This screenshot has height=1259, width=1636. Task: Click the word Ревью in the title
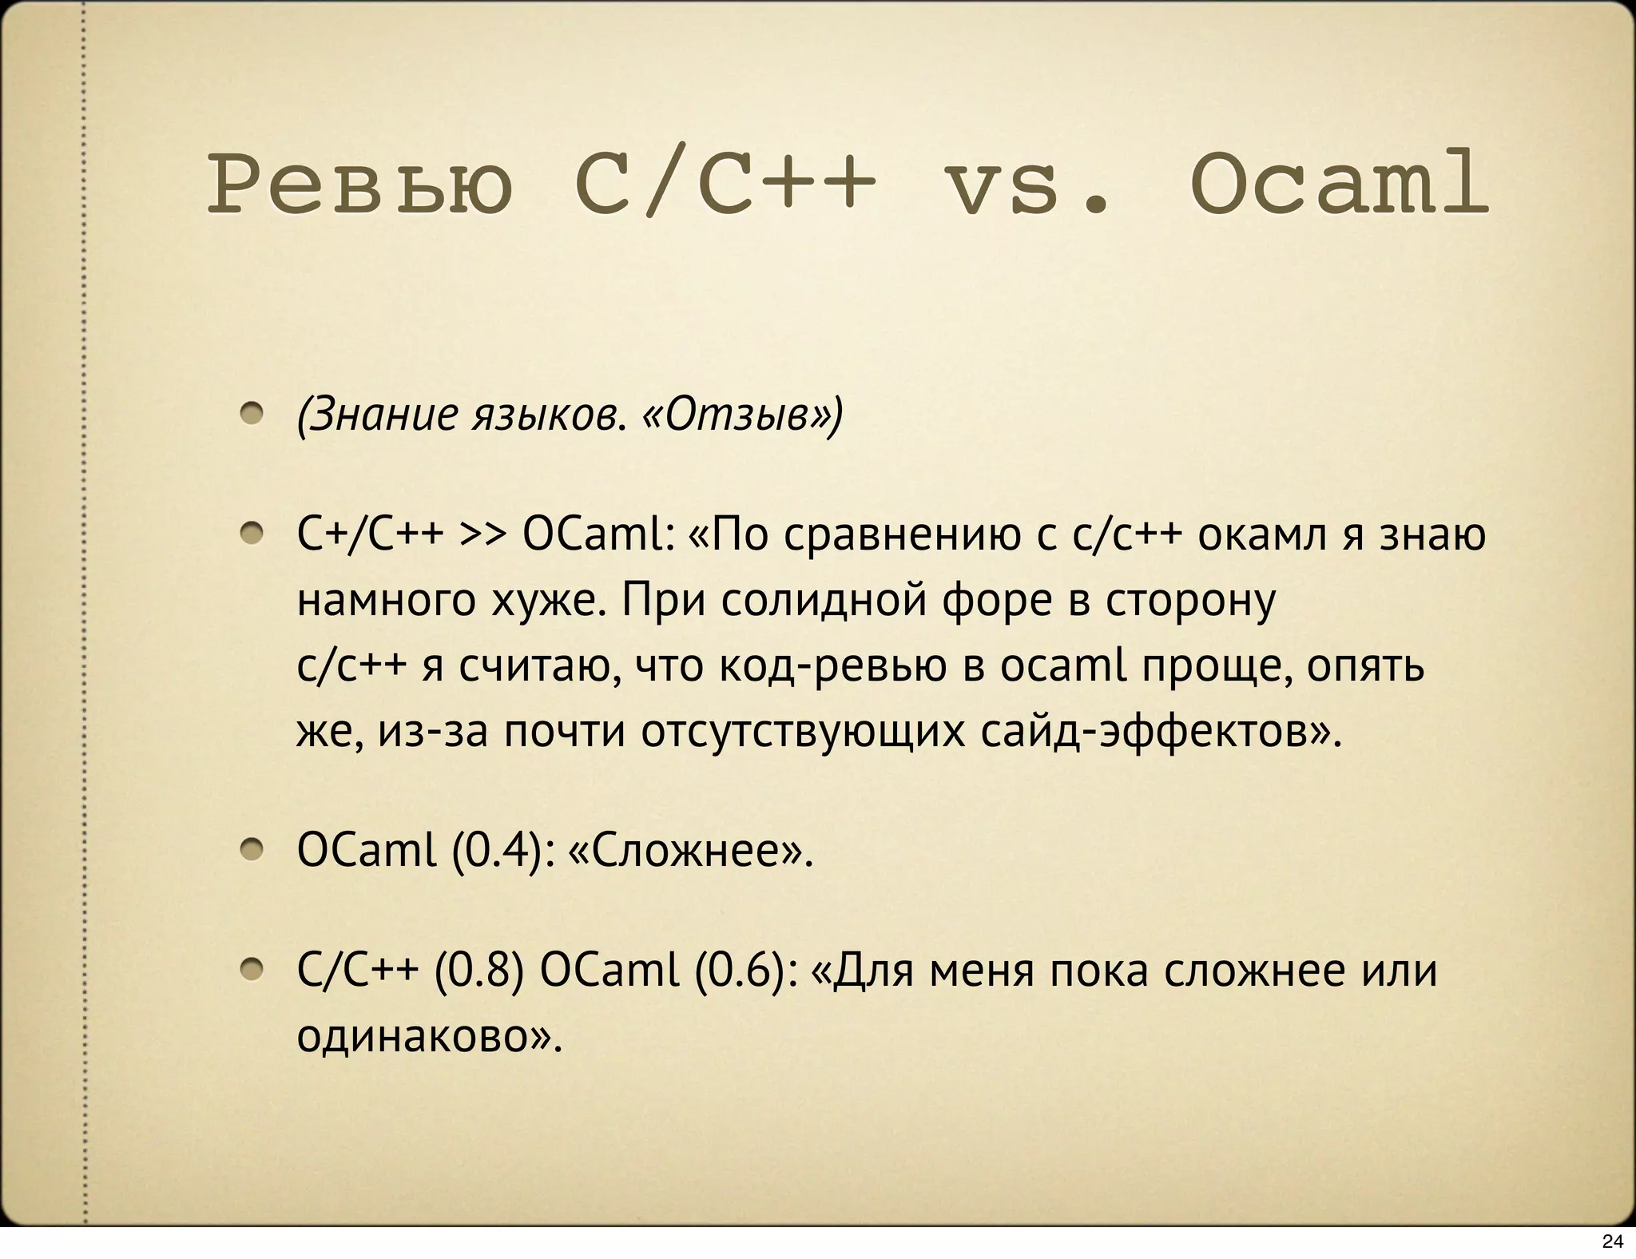click(359, 187)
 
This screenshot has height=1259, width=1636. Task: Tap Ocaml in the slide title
click(1339, 187)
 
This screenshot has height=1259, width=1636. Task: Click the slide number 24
click(1613, 1241)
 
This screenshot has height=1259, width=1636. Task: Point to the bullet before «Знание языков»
click(252, 414)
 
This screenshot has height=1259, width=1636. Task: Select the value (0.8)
click(479, 971)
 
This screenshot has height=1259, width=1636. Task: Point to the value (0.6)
click(746, 971)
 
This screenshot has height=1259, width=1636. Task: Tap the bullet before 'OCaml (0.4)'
click(252, 851)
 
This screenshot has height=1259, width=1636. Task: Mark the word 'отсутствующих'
click(802, 732)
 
